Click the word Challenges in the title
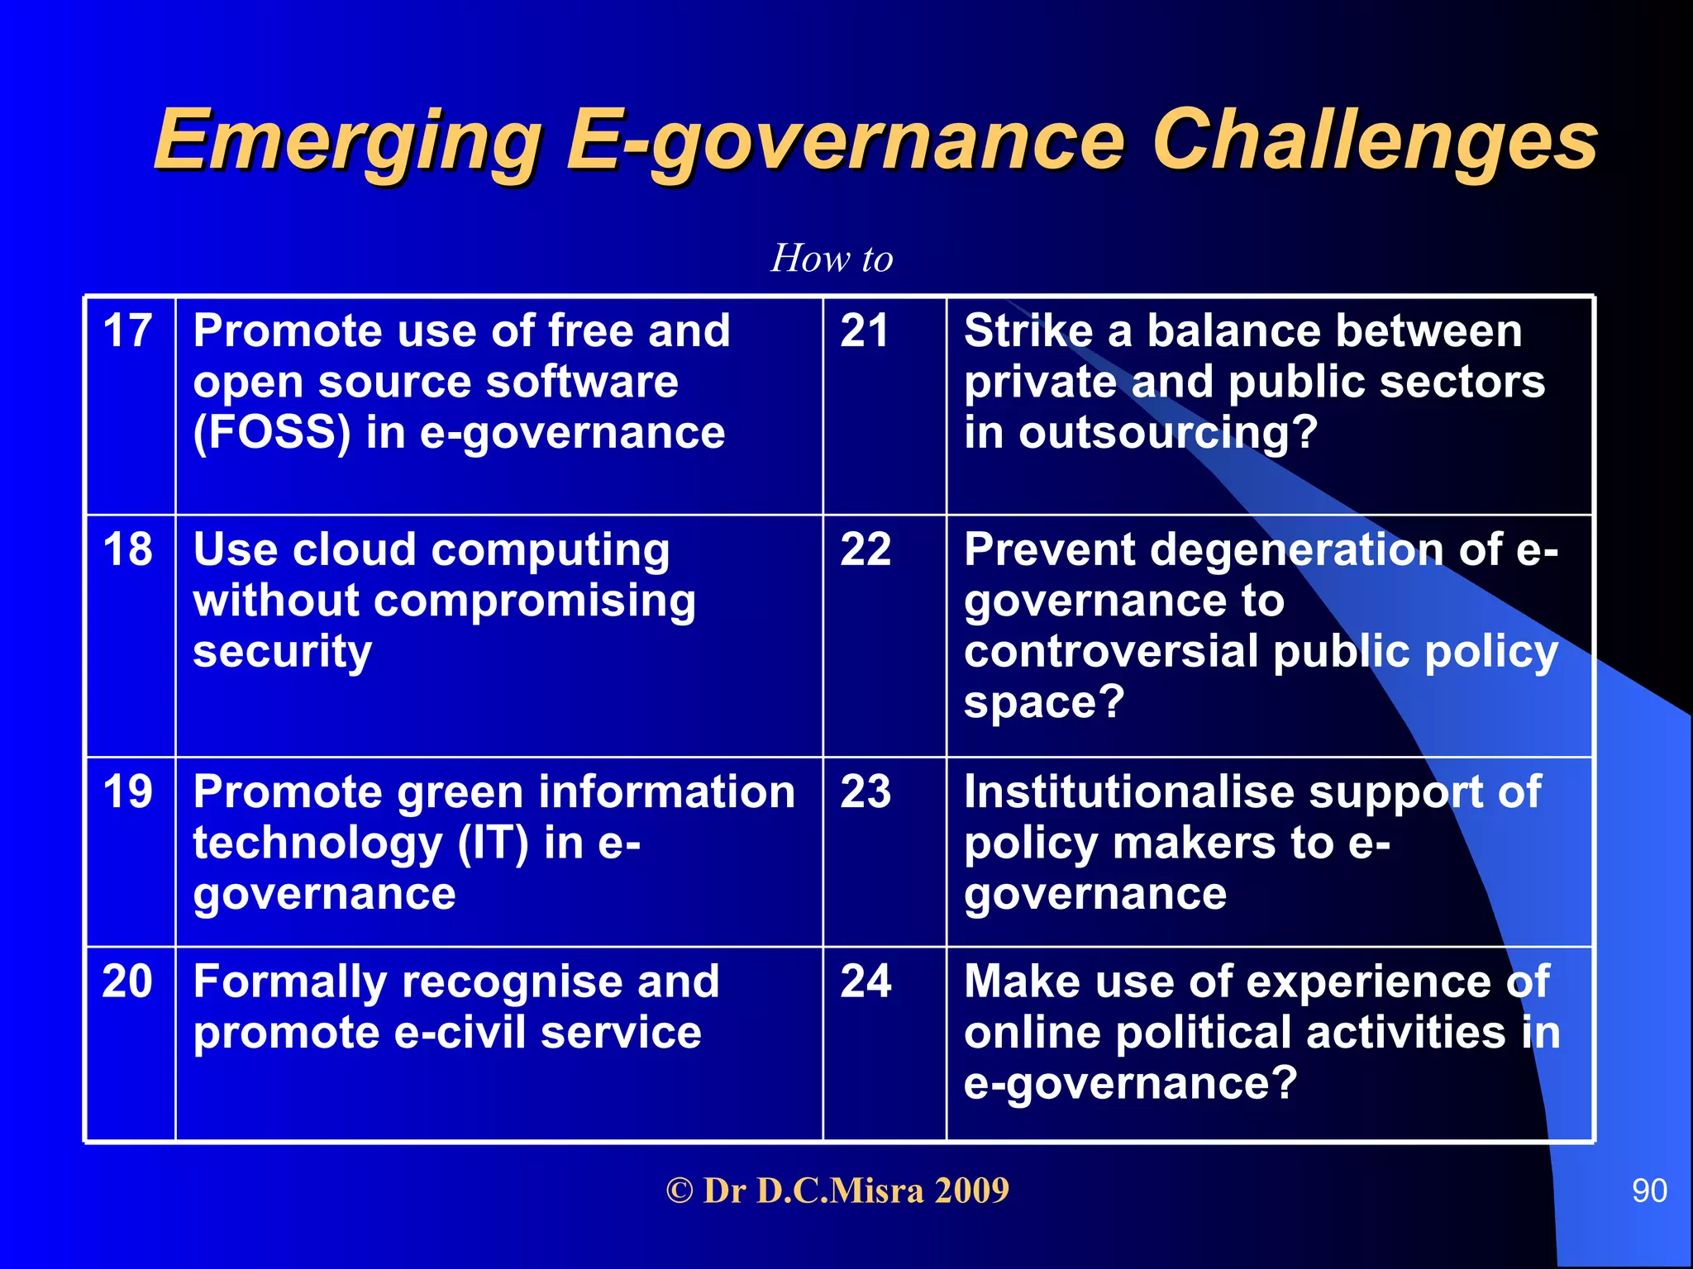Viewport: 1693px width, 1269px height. [x=1374, y=140]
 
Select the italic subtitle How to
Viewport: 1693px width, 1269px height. [x=832, y=259]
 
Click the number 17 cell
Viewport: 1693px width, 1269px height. [x=127, y=331]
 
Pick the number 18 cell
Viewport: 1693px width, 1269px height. [x=127, y=549]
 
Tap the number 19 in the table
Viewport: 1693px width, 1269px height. [x=127, y=791]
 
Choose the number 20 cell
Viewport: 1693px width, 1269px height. [x=127, y=981]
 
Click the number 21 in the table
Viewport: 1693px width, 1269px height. [x=865, y=331]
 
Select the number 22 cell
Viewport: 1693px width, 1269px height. [x=866, y=549]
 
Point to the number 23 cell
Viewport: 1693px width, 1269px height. [x=866, y=791]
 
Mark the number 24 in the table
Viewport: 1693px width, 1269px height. [x=866, y=981]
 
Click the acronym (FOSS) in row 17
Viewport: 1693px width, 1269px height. [x=272, y=433]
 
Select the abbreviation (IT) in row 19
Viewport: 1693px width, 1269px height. [x=493, y=844]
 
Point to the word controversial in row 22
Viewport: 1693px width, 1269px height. [x=1110, y=652]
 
